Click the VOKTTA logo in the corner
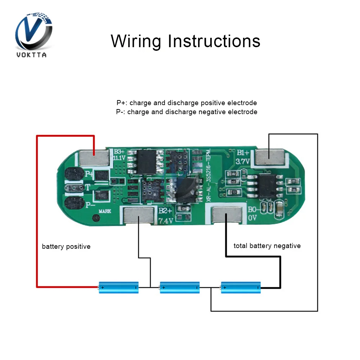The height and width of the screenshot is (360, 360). (34, 34)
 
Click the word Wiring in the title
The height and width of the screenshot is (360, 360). (136, 41)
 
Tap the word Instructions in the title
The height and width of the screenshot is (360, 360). (214, 41)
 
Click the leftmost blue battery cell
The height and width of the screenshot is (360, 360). (119, 287)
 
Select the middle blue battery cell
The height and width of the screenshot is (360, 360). (180, 287)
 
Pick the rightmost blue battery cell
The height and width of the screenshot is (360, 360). (240, 287)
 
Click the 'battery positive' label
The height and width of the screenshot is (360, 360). (66, 247)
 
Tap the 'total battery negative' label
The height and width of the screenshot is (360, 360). (267, 246)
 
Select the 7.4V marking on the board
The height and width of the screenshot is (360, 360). (165, 221)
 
